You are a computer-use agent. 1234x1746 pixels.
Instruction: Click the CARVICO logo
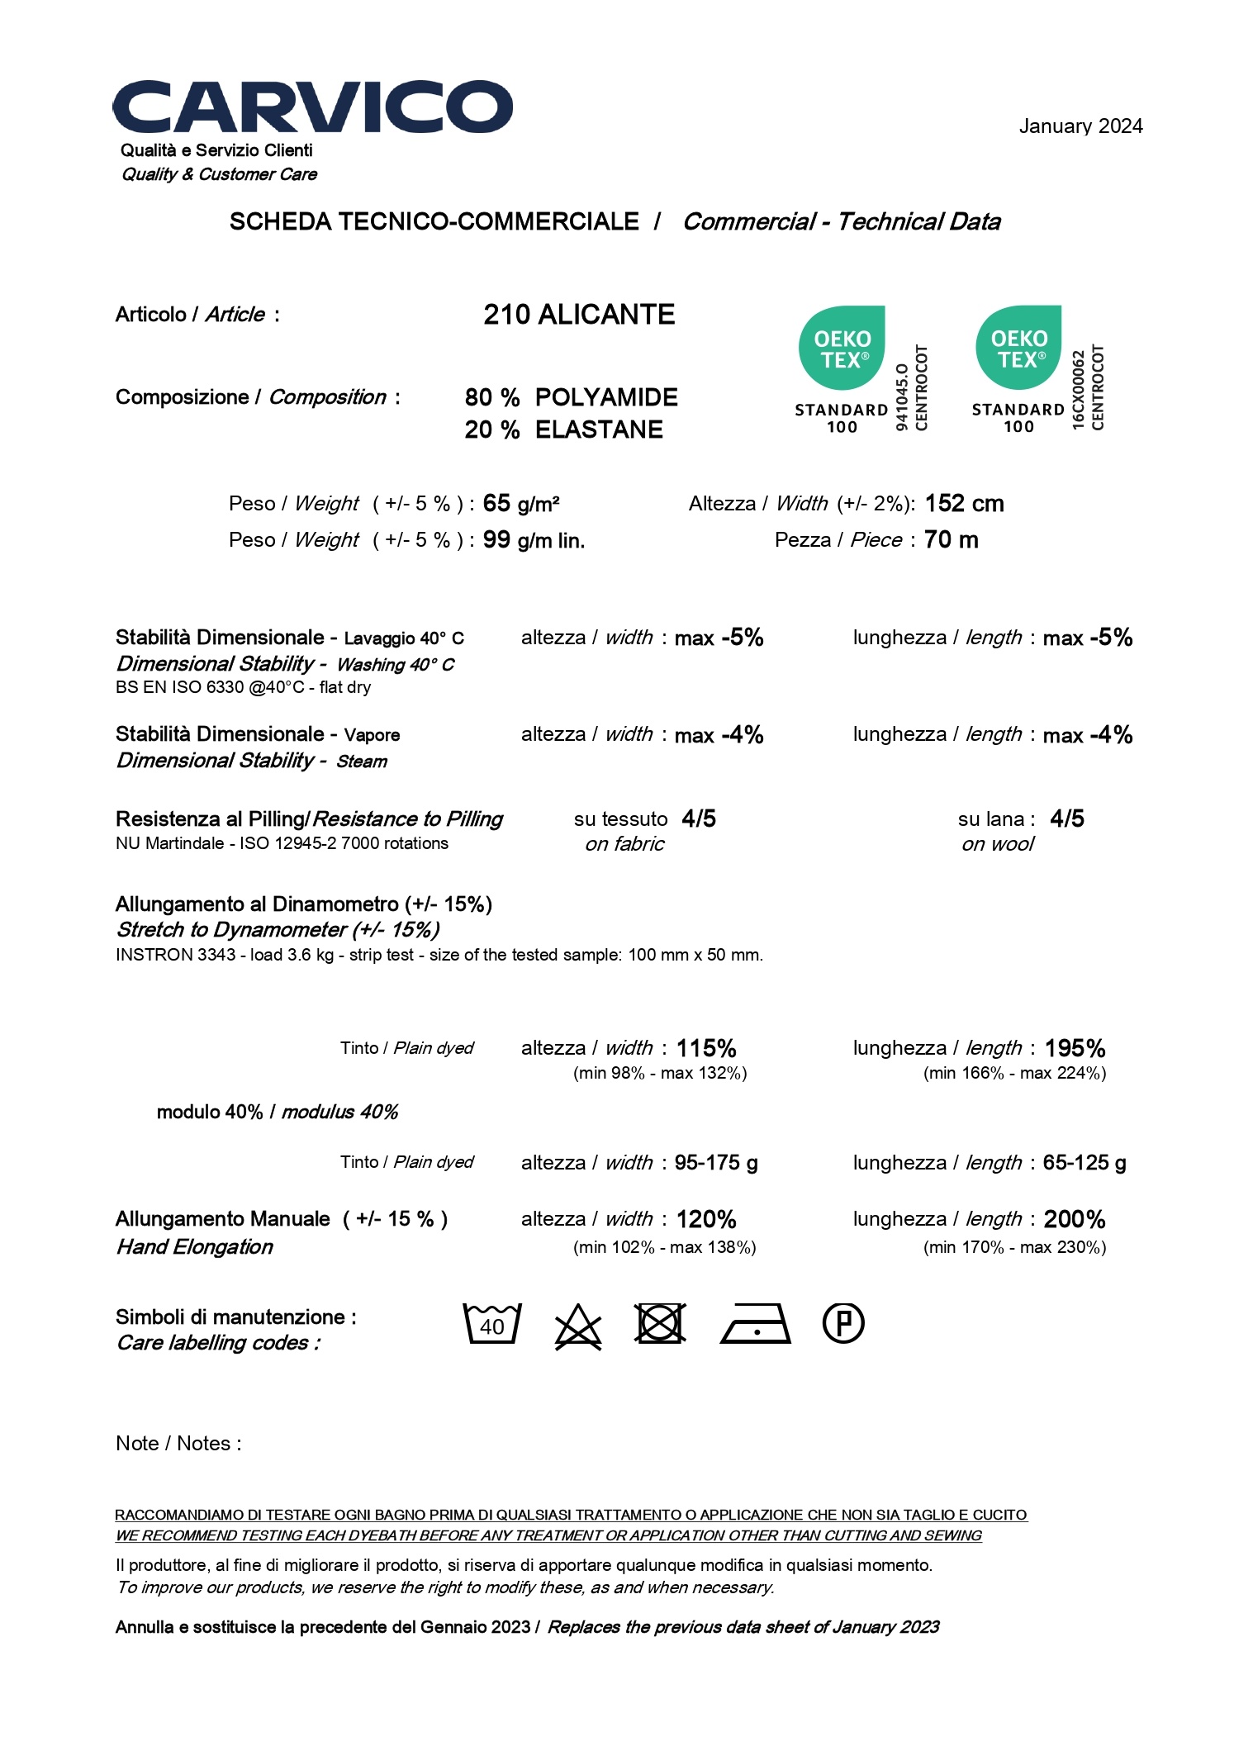point(312,107)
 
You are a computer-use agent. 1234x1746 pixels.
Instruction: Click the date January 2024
point(1080,126)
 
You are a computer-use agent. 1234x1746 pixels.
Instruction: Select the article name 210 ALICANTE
point(579,315)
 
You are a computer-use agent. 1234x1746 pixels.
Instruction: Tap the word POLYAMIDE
point(606,397)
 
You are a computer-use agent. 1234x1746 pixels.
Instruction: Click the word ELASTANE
point(599,429)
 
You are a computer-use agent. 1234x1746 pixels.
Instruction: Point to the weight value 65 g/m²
point(521,503)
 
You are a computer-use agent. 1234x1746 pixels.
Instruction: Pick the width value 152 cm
point(964,503)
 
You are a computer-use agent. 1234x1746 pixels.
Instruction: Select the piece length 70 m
point(951,539)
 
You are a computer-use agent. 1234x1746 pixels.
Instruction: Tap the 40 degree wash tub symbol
point(492,1323)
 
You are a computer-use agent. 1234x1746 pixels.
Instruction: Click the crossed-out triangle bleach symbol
point(577,1326)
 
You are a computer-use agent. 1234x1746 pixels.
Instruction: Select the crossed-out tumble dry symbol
point(660,1323)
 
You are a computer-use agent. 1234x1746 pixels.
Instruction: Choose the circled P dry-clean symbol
point(843,1323)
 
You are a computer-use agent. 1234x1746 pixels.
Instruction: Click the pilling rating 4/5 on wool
point(1066,818)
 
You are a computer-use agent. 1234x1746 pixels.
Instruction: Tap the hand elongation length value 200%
point(1074,1219)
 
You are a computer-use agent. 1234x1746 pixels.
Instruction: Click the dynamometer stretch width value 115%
point(706,1048)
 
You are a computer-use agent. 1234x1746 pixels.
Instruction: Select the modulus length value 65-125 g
point(1084,1162)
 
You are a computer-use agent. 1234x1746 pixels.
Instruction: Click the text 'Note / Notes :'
point(178,1443)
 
